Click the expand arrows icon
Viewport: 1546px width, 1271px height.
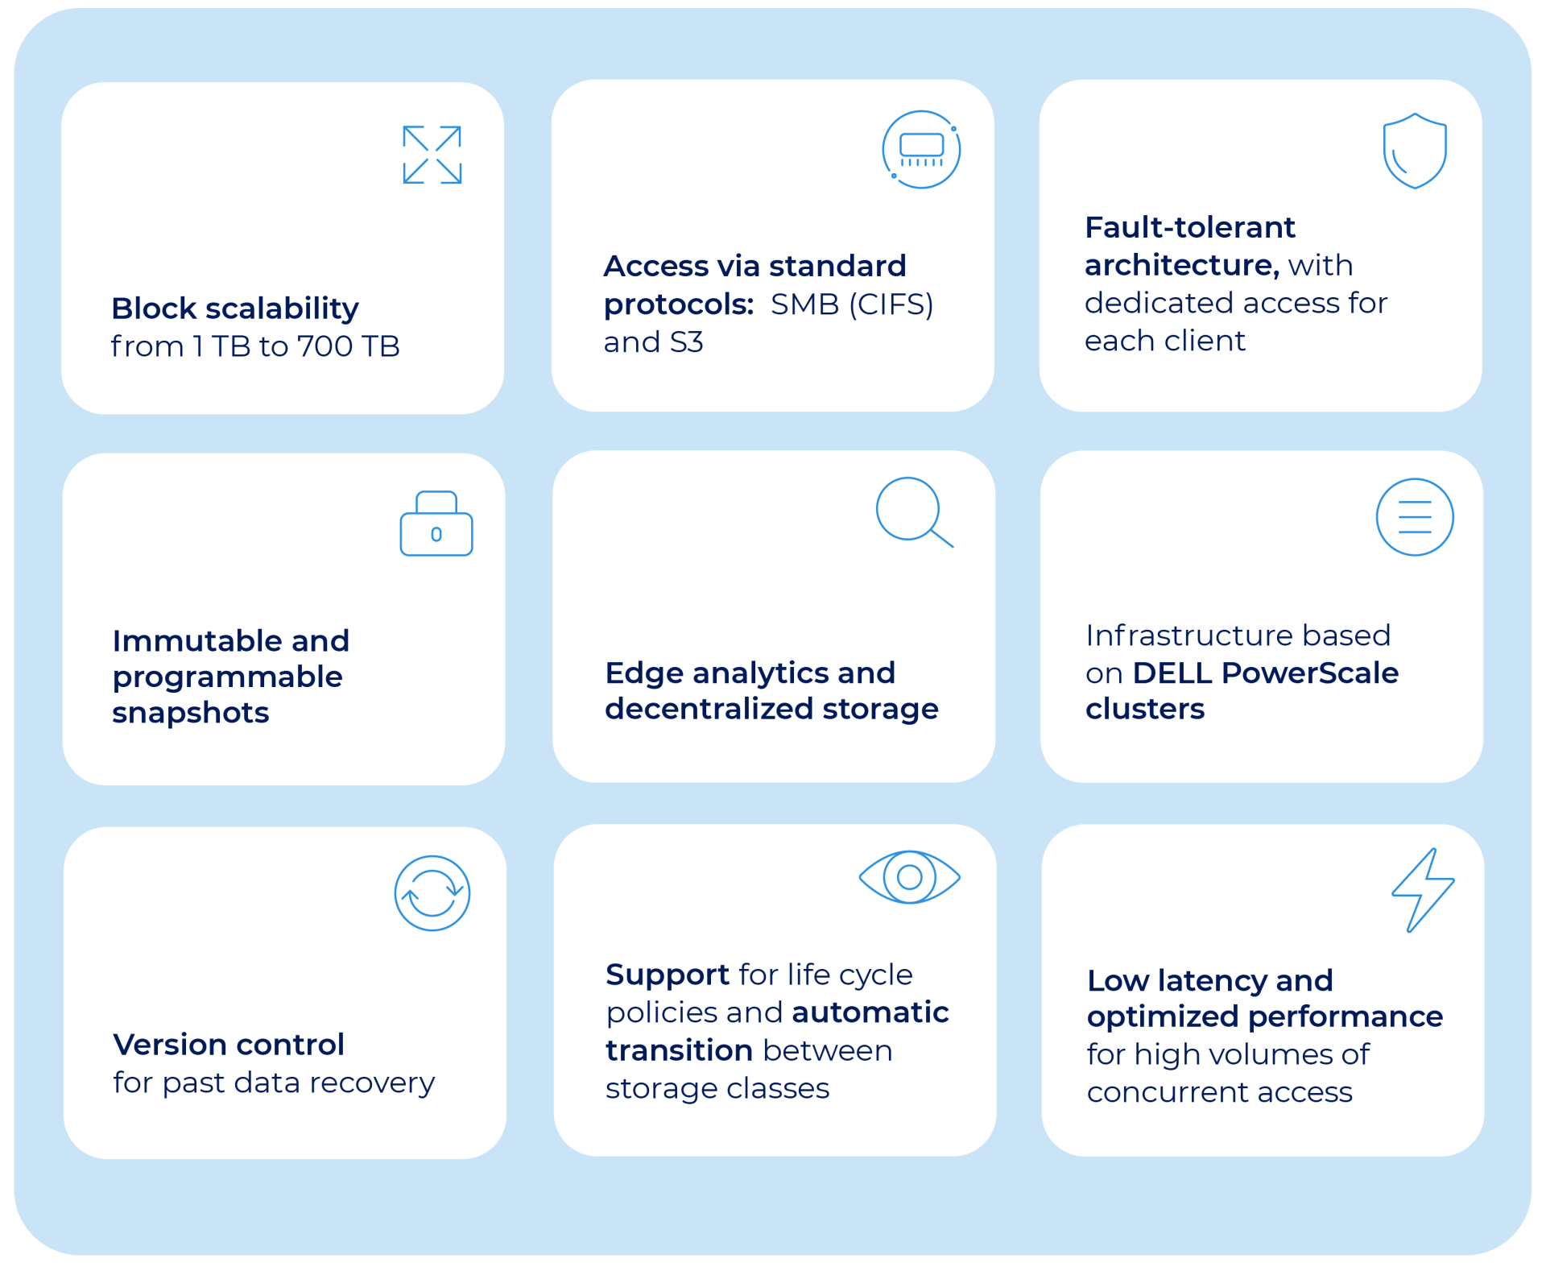click(432, 155)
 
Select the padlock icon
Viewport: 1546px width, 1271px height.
click(436, 524)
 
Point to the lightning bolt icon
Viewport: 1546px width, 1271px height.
click(1423, 890)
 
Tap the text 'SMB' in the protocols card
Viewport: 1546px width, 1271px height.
click(804, 304)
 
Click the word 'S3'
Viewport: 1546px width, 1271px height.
click(686, 342)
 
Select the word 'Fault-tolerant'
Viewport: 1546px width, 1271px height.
click(1190, 227)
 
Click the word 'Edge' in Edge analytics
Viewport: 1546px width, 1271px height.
click(643, 674)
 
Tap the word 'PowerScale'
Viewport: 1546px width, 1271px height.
click(1310, 673)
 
